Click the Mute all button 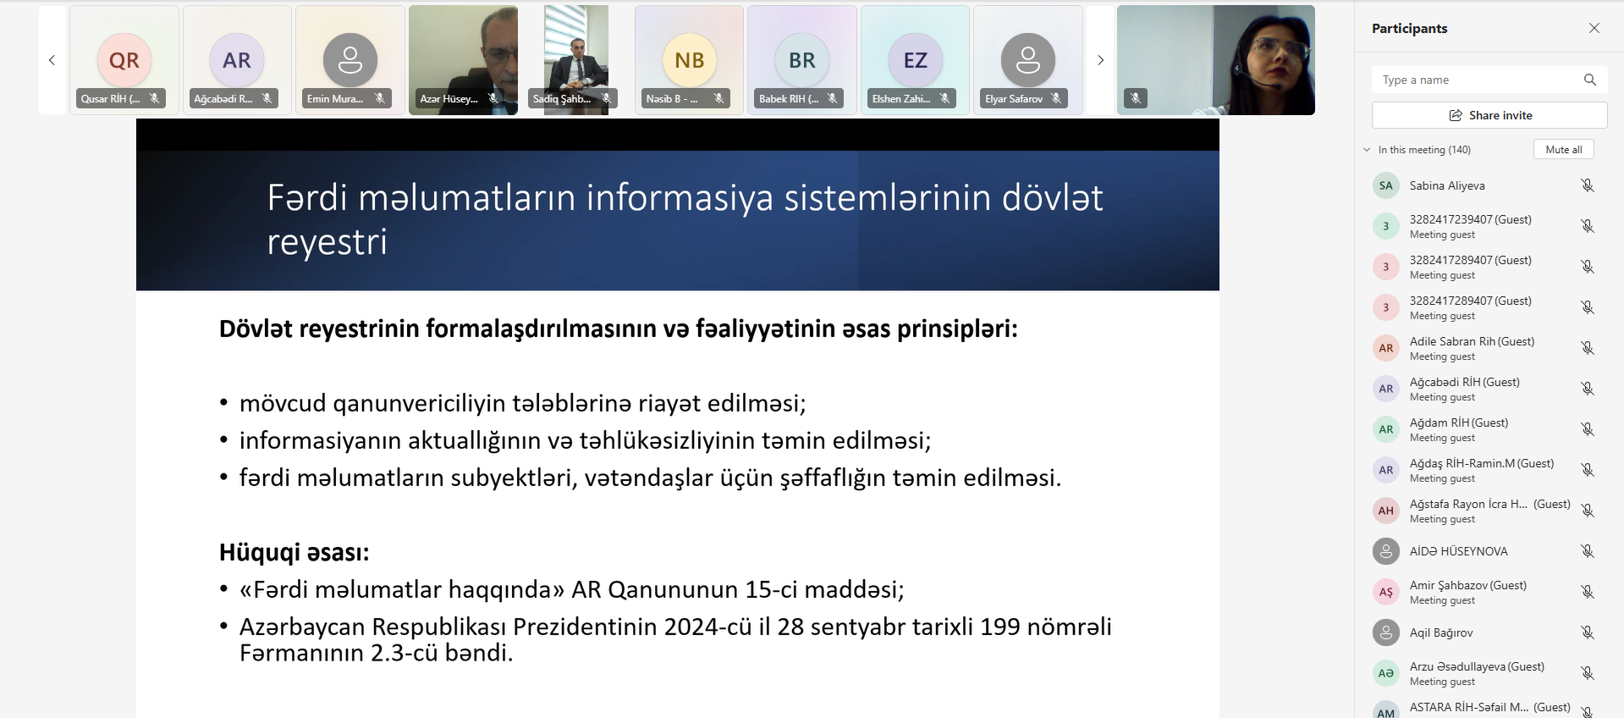(x=1563, y=150)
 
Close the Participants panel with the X (x=1594, y=28)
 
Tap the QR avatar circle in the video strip (x=124, y=60)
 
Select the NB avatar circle (x=690, y=60)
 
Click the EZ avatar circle (x=916, y=60)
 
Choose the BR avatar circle (x=802, y=60)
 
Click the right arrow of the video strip (x=1100, y=60)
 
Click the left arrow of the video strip (x=52, y=60)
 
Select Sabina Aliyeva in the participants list (x=1447, y=185)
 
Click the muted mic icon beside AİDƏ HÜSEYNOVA (x=1588, y=551)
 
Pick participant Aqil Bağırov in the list (x=1441, y=632)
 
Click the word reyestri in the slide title (x=327, y=243)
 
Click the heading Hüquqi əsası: (x=295, y=553)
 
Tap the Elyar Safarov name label (x=1014, y=99)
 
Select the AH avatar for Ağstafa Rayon (x=1385, y=511)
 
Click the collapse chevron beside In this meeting (x=1367, y=150)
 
